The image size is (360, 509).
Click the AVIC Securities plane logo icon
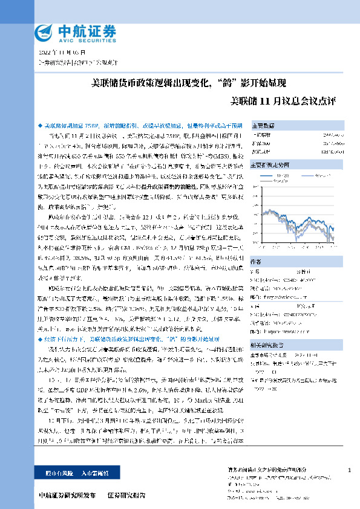pyautogui.click(x=44, y=32)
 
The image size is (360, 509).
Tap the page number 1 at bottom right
pyautogui.click(x=350, y=470)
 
